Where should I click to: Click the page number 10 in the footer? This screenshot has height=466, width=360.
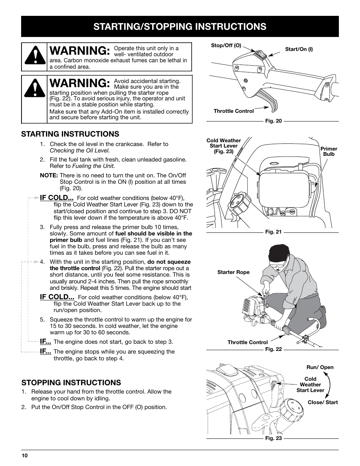(25, 455)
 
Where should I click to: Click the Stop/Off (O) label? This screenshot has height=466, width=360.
(226, 45)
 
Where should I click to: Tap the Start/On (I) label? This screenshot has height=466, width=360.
(299, 49)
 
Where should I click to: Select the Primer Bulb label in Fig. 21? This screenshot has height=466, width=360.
(329, 151)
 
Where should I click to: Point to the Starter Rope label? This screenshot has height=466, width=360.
(234, 272)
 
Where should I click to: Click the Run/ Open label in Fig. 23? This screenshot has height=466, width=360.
(320, 368)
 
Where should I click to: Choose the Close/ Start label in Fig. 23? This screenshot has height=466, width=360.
(323, 403)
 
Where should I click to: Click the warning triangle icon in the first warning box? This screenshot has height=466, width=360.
(35, 55)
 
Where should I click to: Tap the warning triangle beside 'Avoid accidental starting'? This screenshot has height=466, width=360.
(35, 88)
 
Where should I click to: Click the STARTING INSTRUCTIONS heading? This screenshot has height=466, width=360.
(70, 134)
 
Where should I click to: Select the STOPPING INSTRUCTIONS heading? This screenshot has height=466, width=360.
(71, 383)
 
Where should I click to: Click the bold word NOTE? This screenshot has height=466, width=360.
(49, 175)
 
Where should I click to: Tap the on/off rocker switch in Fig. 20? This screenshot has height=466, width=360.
(260, 54)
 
